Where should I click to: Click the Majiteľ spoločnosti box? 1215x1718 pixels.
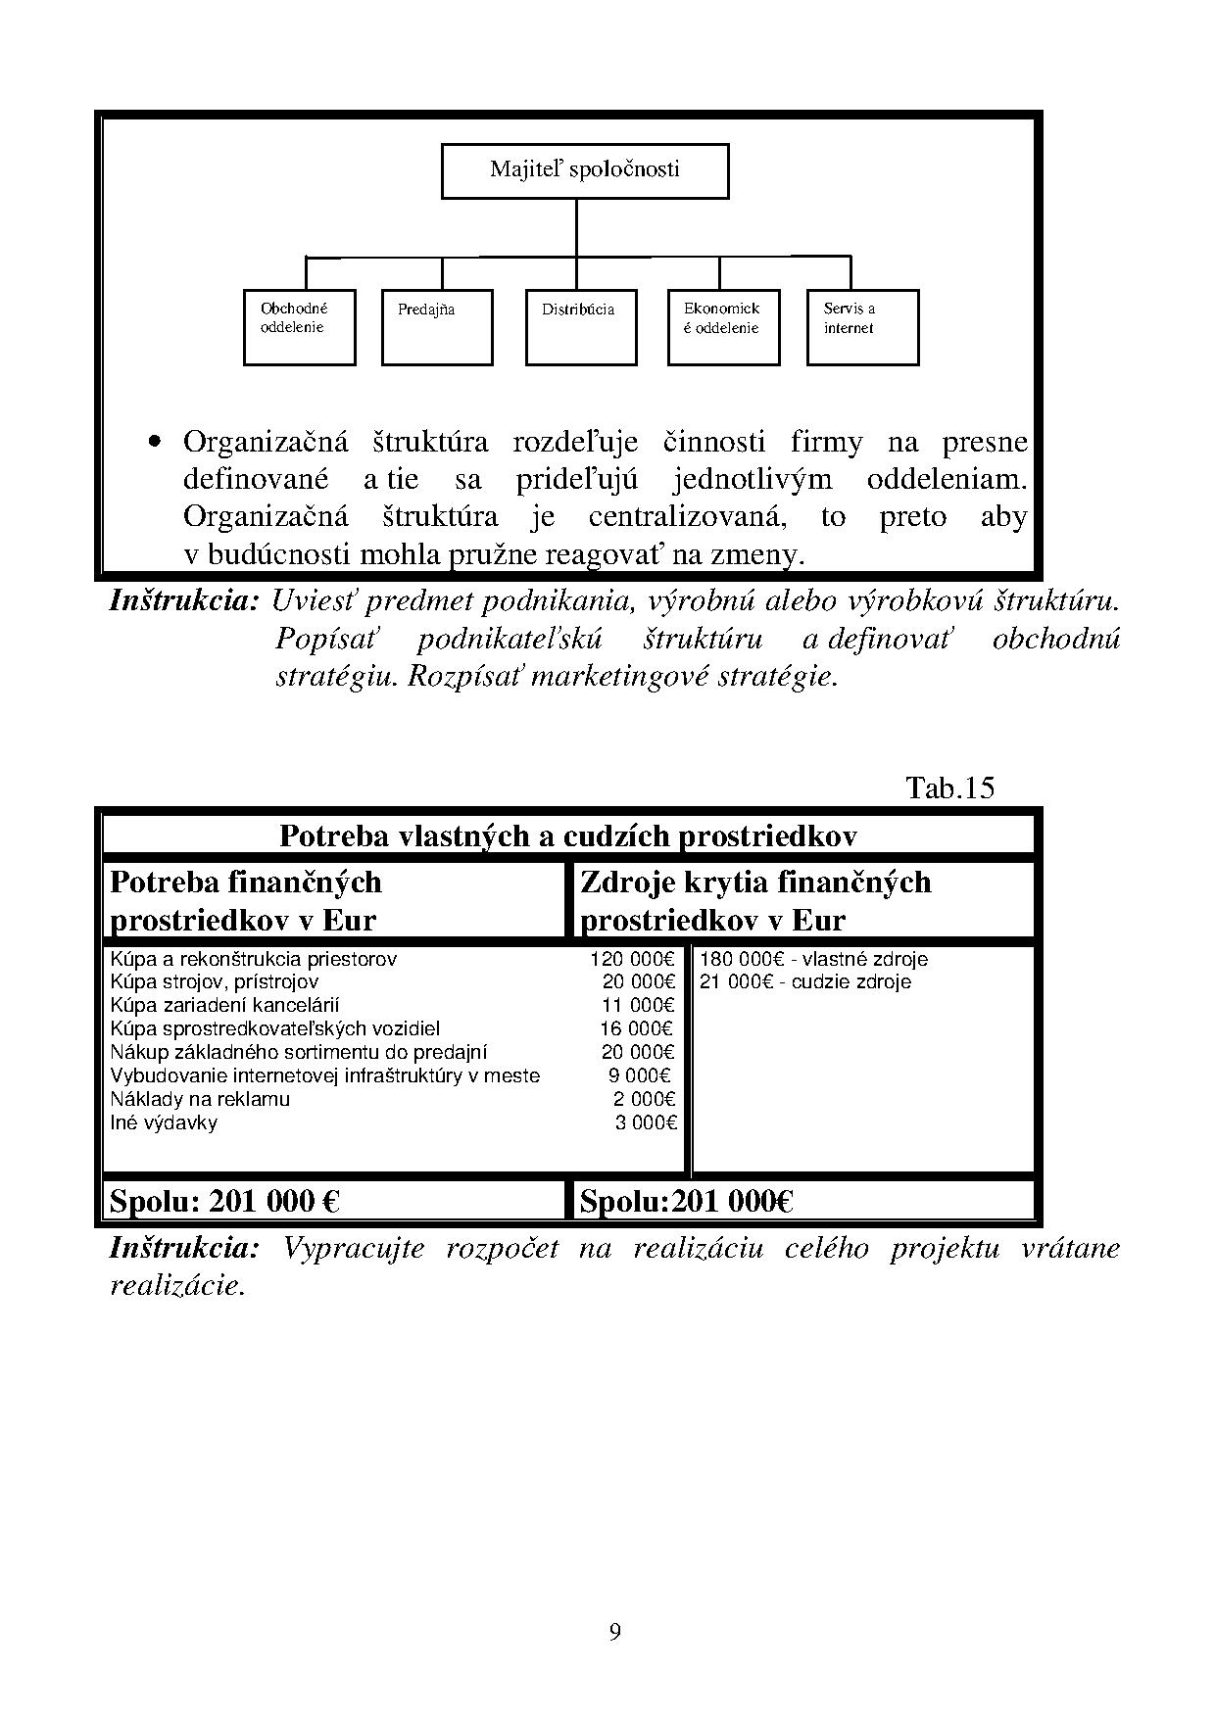coord(585,170)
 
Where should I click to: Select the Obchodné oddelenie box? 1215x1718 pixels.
coord(299,327)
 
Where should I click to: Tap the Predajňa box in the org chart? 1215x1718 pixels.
coord(436,327)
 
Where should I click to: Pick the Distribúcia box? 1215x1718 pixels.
coord(580,327)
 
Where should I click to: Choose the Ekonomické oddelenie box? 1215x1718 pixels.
coord(723,327)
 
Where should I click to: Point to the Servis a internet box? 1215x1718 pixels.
coord(862,327)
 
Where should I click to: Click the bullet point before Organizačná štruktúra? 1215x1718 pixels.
coord(154,442)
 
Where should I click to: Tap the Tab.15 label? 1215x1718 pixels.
coord(949,787)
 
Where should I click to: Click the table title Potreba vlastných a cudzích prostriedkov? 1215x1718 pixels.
coord(567,835)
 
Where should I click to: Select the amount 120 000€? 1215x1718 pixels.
coord(632,959)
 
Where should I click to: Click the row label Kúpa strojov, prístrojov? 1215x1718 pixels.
coord(215,981)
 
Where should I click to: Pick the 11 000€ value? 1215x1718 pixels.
coord(638,1005)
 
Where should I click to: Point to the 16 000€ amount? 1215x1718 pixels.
coord(637,1028)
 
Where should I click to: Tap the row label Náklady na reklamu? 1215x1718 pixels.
coord(200,1099)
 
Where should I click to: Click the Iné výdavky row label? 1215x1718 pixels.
coord(164,1122)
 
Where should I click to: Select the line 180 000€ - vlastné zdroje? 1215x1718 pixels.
coord(813,959)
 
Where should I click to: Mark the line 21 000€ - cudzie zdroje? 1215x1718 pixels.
coord(804,981)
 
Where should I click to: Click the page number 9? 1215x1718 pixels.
coord(614,1632)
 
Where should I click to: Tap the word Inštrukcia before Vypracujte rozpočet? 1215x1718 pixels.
coord(184,1248)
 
